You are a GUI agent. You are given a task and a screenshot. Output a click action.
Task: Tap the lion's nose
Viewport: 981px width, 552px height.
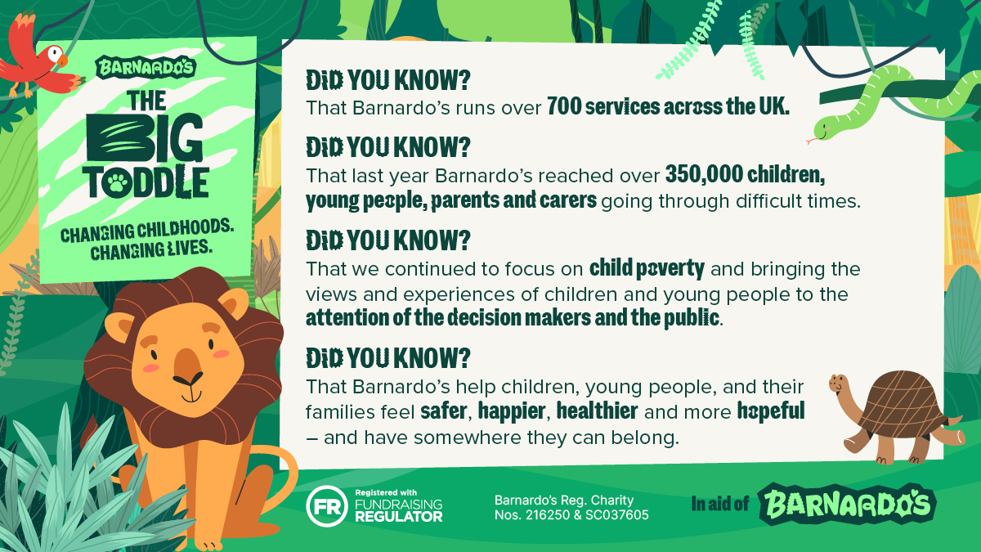(188, 365)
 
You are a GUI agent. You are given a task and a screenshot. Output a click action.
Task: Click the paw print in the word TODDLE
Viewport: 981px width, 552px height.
(116, 183)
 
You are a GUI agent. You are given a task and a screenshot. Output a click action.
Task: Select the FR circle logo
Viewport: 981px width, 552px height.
(327, 506)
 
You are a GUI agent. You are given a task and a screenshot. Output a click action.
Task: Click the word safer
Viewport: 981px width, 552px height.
(443, 411)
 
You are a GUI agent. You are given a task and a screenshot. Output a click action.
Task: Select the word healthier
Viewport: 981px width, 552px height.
(597, 411)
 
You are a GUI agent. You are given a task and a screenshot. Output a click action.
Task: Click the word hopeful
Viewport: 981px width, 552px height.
(771, 411)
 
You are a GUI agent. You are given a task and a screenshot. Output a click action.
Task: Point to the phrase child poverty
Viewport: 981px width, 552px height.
(647, 269)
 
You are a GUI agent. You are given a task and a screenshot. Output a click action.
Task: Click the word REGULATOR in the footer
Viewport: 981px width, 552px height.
(399, 517)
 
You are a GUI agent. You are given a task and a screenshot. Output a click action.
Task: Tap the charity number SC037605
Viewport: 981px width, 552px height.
(616, 514)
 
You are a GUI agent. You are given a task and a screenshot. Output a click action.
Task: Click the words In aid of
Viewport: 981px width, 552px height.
(720, 504)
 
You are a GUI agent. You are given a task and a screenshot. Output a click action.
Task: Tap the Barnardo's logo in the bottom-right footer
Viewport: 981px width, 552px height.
(847, 504)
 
